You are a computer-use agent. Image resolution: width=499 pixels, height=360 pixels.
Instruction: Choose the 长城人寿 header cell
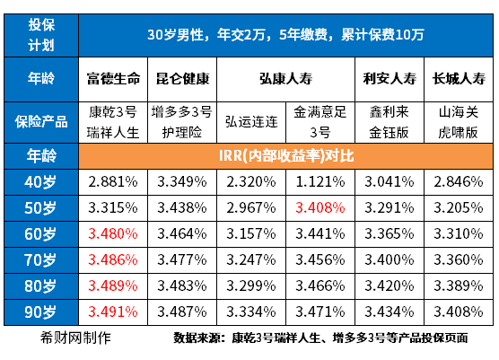point(459,78)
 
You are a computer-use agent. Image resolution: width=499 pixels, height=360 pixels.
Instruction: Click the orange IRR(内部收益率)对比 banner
point(286,156)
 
